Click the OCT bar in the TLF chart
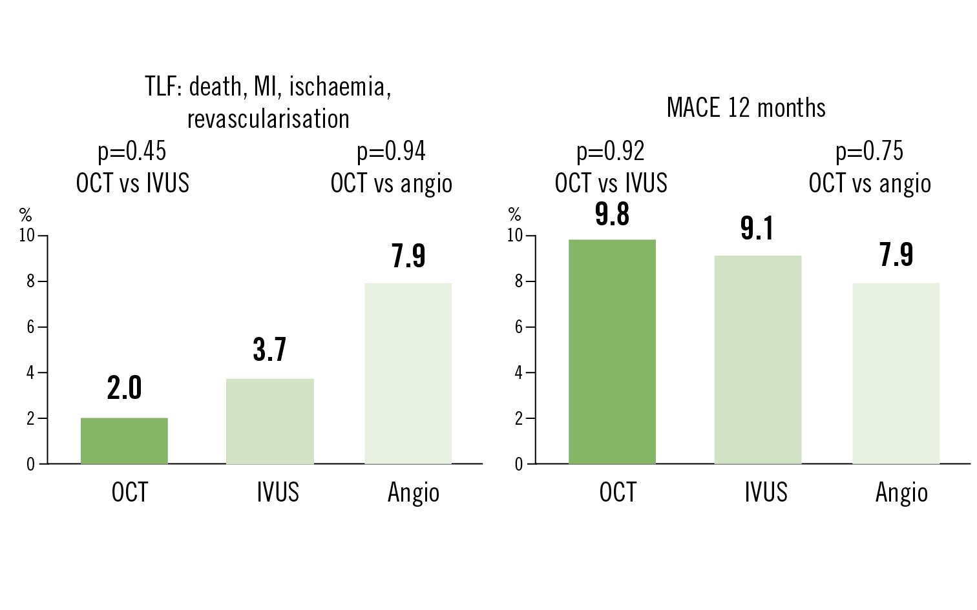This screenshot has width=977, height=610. point(124,441)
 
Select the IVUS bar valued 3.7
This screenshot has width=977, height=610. point(270,421)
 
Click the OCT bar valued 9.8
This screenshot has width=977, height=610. point(612,352)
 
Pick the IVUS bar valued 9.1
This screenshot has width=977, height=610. point(757,360)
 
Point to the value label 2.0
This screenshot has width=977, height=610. point(124,388)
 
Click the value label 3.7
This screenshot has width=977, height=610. point(269,349)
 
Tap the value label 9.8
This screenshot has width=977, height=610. point(612,214)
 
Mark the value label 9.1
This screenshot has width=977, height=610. point(757,229)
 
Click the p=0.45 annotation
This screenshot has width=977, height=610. point(132,152)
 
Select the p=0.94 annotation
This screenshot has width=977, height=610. point(391,152)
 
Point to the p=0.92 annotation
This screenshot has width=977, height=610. point(611,152)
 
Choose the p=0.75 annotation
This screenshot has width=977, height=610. point(870,152)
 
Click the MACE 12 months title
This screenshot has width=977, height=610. point(746,108)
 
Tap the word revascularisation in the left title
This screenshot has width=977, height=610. point(268,119)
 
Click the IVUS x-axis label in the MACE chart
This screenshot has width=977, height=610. point(766,493)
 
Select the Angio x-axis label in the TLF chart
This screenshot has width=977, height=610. point(414,493)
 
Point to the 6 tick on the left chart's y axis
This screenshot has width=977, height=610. point(30,327)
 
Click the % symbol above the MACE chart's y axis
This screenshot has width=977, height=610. point(514,214)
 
